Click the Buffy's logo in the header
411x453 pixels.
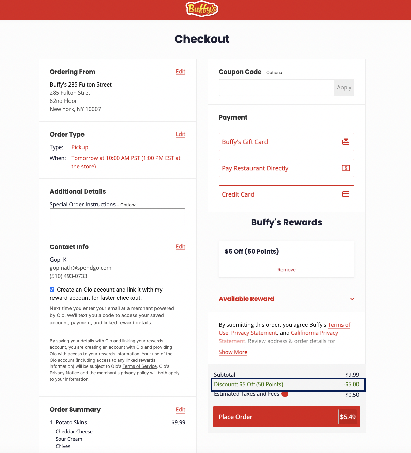pos(202,9)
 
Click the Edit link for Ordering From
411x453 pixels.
pos(180,72)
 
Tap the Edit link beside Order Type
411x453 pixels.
pos(180,134)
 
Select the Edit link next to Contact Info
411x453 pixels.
pos(180,247)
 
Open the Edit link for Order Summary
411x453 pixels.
pos(180,410)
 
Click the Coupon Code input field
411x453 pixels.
pos(276,88)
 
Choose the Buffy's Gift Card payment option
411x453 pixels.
pos(286,142)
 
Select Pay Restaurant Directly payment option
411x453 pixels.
pos(286,168)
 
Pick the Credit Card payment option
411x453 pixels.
pos(286,194)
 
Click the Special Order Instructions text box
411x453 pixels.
pos(118,217)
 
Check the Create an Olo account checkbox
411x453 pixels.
pos(52,290)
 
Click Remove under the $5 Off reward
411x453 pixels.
pos(286,270)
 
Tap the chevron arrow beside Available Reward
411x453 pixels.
pos(352,299)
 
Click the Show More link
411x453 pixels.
pos(233,352)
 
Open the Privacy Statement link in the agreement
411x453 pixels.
pos(254,333)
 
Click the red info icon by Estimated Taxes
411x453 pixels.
pos(285,394)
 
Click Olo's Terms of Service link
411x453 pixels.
pos(140,366)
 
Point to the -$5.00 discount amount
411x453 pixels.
pos(351,385)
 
